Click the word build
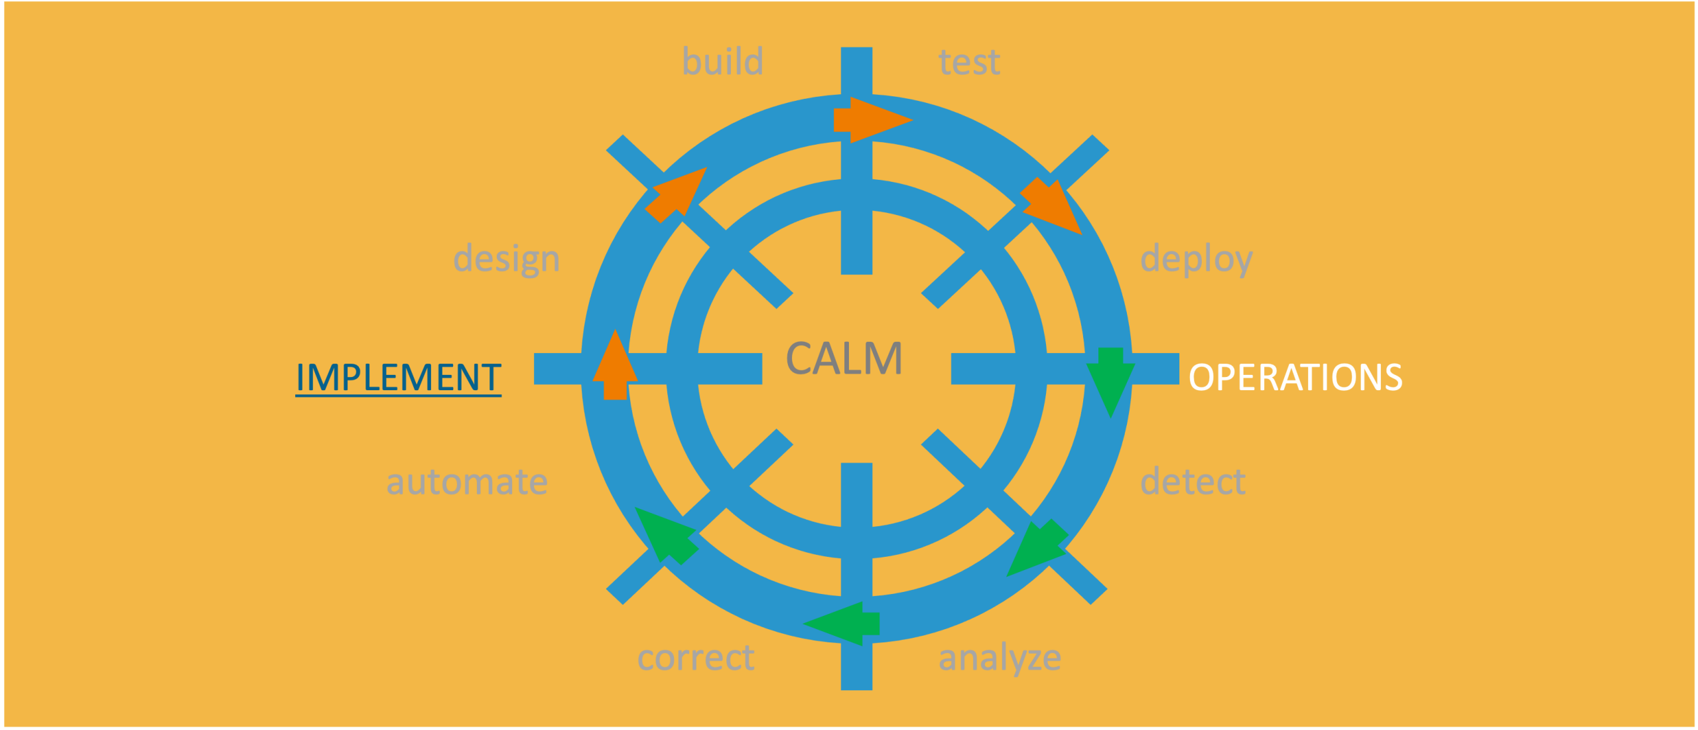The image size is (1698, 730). (722, 62)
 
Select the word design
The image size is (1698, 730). (506, 259)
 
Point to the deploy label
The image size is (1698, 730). (1196, 259)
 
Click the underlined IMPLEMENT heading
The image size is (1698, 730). (398, 378)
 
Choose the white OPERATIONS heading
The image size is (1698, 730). (1295, 378)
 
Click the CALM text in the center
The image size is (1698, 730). (844, 359)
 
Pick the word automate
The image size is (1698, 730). (467, 482)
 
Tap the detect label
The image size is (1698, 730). (1193, 482)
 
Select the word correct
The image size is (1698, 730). (696, 658)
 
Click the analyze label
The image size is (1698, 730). (1000, 658)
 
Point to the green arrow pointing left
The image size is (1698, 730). (844, 623)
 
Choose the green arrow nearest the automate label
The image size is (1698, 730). (667, 535)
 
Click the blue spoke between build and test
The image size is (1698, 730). (856, 70)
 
